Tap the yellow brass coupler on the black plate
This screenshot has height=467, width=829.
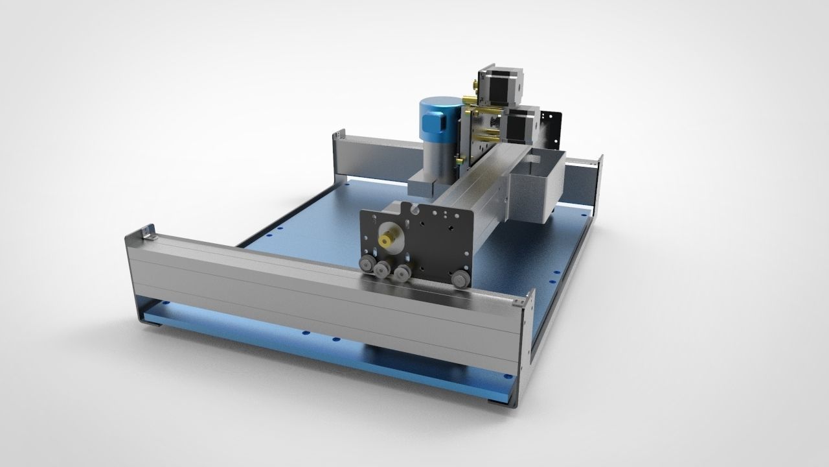[389, 239]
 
